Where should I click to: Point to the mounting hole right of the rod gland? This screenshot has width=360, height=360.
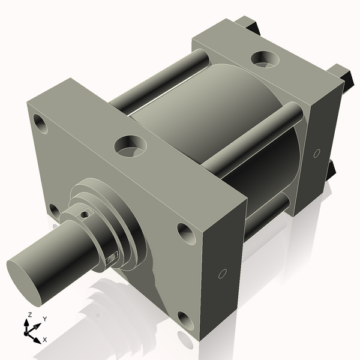click(185, 232)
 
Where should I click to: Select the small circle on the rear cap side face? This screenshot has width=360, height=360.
click(316, 153)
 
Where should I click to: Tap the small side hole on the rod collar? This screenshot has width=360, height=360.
click(112, 258)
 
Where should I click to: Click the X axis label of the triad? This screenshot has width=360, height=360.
click(44, 340)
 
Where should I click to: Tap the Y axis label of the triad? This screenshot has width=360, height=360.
click(44, 319)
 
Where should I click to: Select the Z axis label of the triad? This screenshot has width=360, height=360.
click(30, 314)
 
